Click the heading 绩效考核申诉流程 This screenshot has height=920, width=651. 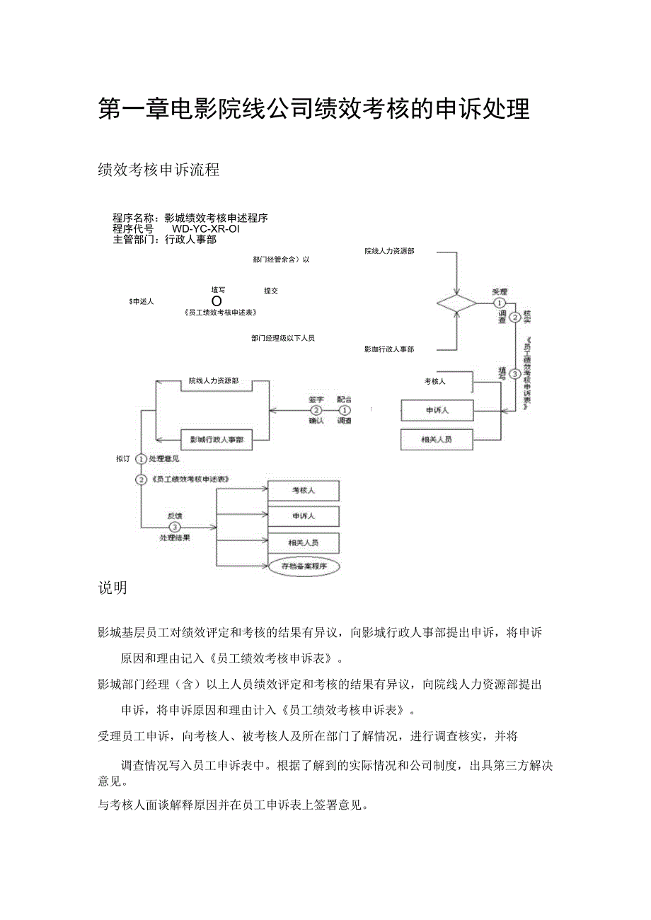(159, 170)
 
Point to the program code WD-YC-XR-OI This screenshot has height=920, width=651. (206, 228)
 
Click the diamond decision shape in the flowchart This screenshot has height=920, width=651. (456, 303)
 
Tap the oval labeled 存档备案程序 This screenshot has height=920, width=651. (304, 566)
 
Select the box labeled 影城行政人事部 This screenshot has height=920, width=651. (217, 439)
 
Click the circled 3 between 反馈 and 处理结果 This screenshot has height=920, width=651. (175, 526)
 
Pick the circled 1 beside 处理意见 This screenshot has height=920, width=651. (141, 459)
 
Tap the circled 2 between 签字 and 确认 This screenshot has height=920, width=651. (316, 409)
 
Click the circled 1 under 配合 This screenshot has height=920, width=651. (345, 409)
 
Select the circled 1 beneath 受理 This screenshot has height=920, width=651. (500, 303)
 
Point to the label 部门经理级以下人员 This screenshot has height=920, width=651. (282, 338)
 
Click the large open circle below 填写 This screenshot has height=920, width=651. (218, 301)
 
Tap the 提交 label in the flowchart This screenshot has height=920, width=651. (271, 291)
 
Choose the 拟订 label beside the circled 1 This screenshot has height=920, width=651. (123, 459)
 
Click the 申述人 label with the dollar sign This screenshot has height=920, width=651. (142, 301)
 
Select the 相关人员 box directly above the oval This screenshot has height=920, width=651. (304, 542)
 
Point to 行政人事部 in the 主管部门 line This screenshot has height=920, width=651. (190, 240)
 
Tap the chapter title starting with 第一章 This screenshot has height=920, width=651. (313, 110)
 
